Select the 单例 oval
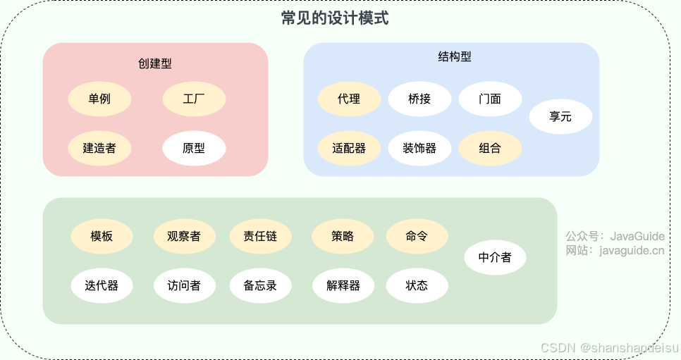(99, 99)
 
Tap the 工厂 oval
(194, 99)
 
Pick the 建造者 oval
(99, 148)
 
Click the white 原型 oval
(194, 148)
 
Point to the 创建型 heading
(155, 63)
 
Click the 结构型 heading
(455, 56)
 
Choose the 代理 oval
(349, 99)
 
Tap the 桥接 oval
(419, 99)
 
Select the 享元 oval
(560, 116)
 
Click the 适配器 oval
(349, 148)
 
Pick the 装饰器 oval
(419, 148)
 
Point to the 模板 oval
(102, 236)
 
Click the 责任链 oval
(260, 236)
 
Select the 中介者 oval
(495, 257)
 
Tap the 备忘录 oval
(260, 285)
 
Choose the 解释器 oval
(343, 285)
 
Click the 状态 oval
(417, 285)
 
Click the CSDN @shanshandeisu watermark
(609, 347)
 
